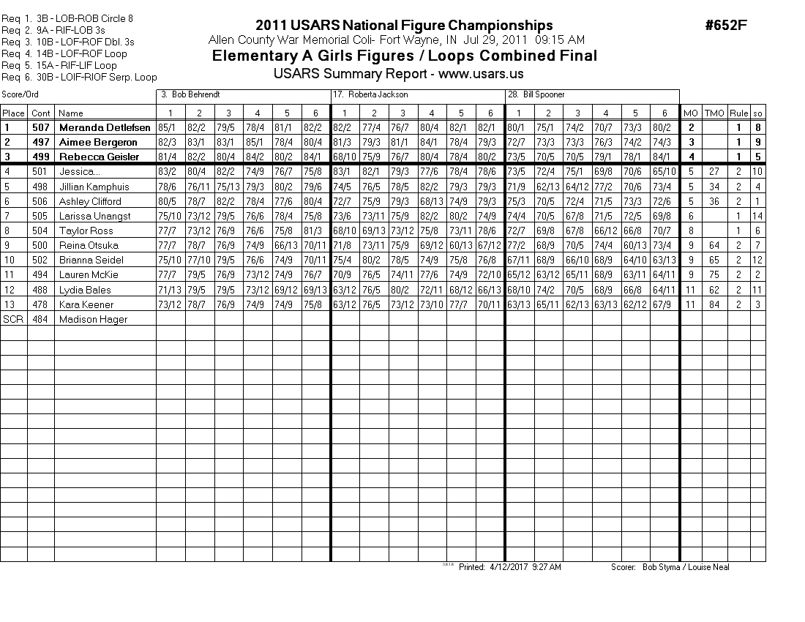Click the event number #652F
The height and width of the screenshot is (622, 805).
click(726, 26)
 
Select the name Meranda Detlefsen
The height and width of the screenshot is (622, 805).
click(105, 127)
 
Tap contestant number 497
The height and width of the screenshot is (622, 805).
click(41, 142)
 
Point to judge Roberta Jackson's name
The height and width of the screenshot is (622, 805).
click(378, 94)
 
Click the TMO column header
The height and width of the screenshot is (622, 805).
click(714, 113)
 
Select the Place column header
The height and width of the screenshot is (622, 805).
click(13, 113)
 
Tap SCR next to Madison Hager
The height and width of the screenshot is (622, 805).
click(13, 319)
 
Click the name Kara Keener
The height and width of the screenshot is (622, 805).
click(83, 304)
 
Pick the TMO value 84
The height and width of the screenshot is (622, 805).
click(714, 304)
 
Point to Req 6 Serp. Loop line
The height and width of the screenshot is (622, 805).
click(79, 77)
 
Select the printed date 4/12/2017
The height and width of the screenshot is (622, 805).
click(507, 567)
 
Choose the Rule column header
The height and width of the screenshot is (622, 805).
click(739, 113)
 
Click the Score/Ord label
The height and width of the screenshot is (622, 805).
click(20, 94)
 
